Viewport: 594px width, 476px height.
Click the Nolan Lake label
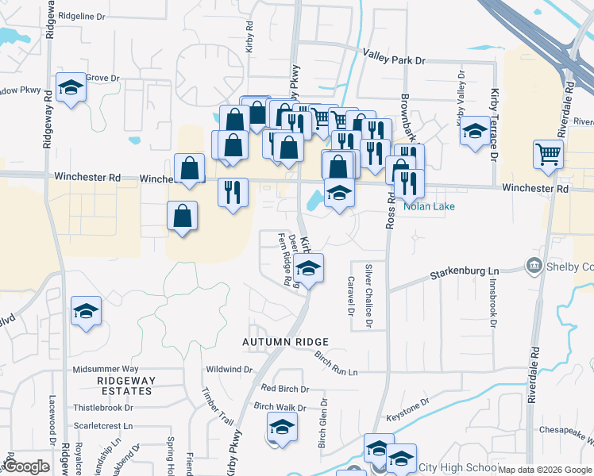click(428, 206)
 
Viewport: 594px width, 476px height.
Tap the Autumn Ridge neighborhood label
click(285, 341)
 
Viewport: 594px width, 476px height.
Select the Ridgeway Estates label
click(125, 386)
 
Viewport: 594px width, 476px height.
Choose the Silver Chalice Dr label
click(368, 295)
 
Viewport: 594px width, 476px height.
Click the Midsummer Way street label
click(106, 369)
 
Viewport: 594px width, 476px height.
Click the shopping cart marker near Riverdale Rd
click(550, 154)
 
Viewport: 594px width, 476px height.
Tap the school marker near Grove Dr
click(71, 87)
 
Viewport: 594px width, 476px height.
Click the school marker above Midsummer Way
click(86, 311)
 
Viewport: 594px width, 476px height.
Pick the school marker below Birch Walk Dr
click(281, 428)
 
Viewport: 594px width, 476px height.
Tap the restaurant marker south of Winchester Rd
click(233, 193)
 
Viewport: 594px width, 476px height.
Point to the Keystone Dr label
click(407, 409)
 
